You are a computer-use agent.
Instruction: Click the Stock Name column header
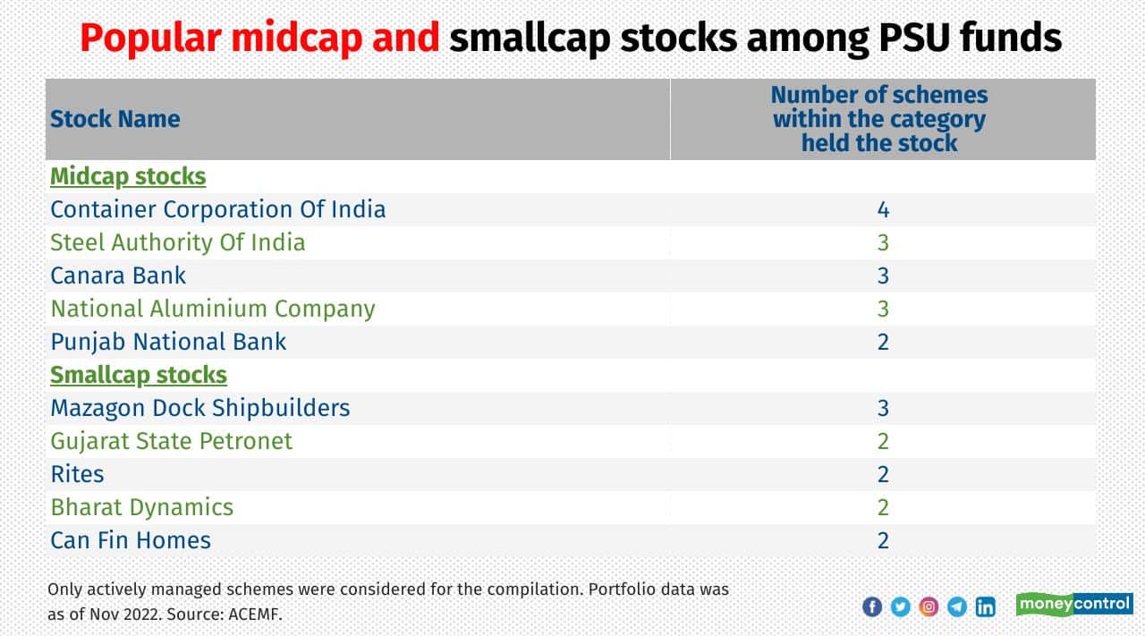[x=114, y=119]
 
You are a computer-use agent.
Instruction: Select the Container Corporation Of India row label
[x=217, y=209]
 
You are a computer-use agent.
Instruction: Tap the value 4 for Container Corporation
[x=883, y=210]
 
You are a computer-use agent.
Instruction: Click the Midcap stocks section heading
[x=128, y=176]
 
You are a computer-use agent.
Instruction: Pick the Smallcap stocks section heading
[x=139, y=375]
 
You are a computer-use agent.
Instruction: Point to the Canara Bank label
[x=118, y=276]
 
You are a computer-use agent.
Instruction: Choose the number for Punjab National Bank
[x=883, y=342]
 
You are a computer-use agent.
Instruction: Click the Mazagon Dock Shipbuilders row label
[x=199, y=408]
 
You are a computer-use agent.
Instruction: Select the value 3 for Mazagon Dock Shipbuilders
[x=883, y=408]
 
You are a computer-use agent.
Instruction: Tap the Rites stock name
[x=77, y=474]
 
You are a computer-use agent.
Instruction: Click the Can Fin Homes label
[x=131, y=540]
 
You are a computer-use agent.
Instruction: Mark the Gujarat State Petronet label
[x=171, y=441]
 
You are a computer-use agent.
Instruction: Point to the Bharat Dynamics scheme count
[x=883, y=507]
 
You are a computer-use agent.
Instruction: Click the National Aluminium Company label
[x=212, y=309]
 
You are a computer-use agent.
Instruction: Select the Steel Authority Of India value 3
[x=883, y=242]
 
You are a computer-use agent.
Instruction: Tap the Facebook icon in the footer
[x=872, y=606]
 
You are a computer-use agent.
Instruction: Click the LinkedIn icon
[x=985, y=606]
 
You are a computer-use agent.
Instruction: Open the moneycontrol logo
[x=1074, y=604]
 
